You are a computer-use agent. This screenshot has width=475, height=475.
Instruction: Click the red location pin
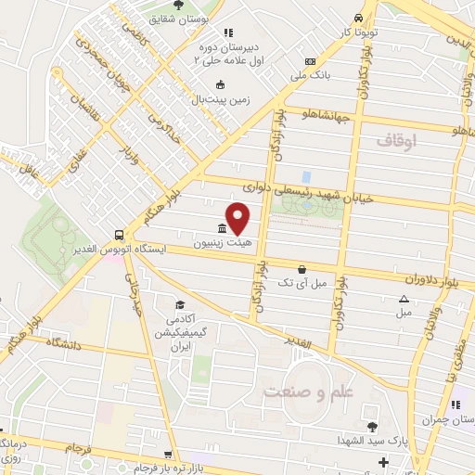click(x=238, y=217)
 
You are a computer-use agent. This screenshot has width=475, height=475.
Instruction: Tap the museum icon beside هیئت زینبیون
click(x=222, y=229)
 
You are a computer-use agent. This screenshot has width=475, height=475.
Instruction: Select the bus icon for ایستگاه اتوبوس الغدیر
click(x=119, y=236)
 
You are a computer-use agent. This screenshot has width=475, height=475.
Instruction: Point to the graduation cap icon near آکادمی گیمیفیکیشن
click(x=180, y=304)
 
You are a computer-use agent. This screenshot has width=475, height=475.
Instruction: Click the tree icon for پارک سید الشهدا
click(x=372, y=426)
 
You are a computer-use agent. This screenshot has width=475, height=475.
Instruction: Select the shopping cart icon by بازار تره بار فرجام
click(x=168, y=456)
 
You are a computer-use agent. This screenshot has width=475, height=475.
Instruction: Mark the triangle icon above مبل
click(x=404, y=299)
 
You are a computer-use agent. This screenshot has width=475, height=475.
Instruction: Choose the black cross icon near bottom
click(x=382, y=461)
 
